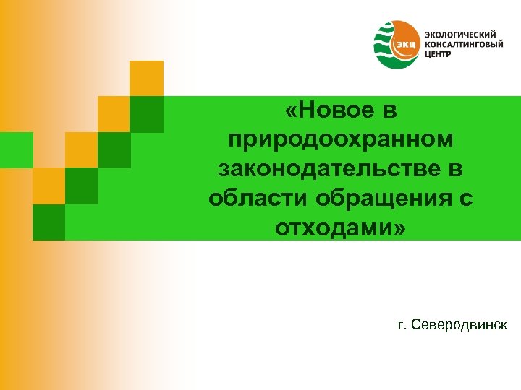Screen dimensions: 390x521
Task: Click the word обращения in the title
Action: (x=377, y=199)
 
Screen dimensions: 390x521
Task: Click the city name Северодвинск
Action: (x=459, y=326)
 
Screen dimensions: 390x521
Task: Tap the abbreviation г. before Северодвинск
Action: (x=402, y=326)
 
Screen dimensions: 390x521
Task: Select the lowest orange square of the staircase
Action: (x=48, y=186)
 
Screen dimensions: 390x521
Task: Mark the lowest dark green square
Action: (x=48, y=222)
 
